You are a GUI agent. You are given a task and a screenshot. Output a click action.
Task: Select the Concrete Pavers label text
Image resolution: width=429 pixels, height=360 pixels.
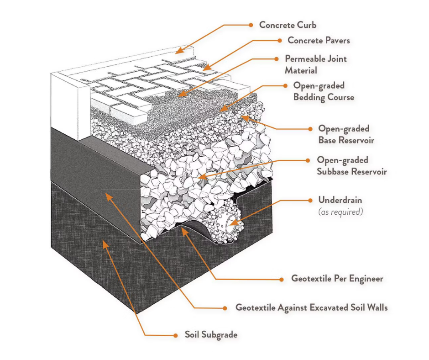(x=319, y=40)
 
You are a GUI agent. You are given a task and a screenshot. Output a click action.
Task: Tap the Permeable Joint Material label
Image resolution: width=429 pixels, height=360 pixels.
(x=315, y=64)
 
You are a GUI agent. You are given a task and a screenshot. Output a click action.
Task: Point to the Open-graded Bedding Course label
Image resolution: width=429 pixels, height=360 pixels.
(x=323, y=91)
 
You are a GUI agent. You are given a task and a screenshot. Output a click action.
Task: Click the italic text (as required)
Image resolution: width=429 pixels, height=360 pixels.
(x=340, y=212)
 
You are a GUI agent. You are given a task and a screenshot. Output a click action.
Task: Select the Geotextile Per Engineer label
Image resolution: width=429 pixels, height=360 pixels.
(x=337, y=278)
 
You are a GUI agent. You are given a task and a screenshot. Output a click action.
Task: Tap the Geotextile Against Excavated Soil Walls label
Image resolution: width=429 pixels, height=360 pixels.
(x=311, y=307)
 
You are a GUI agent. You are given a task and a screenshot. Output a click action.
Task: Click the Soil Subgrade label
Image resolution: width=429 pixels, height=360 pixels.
(x=211, y=335)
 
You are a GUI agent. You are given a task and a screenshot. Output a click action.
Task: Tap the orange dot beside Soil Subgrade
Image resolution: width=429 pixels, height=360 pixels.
(x=175, y=335)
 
